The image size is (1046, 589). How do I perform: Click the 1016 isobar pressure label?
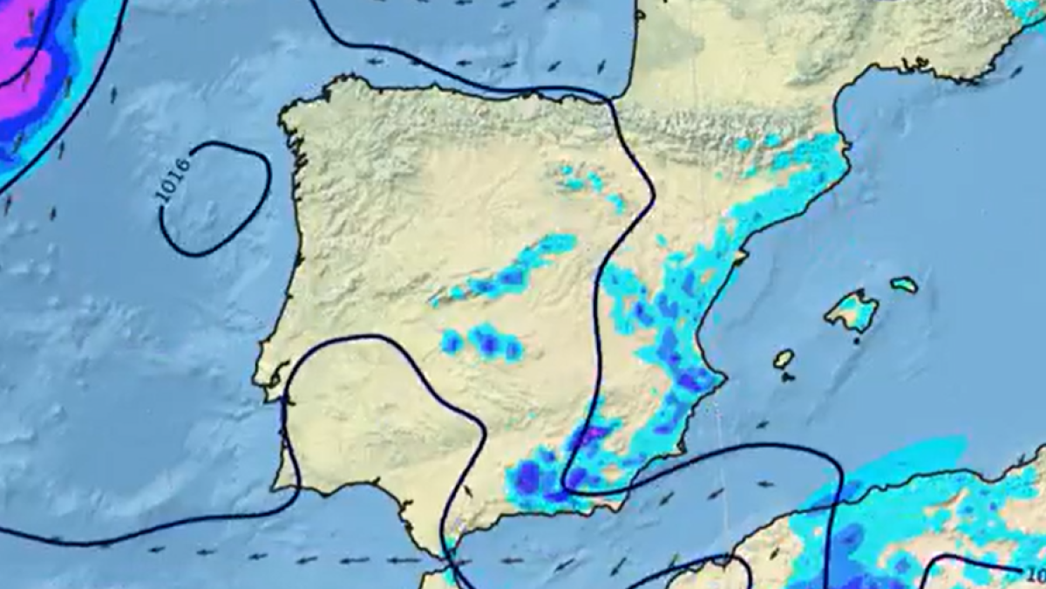click(173, 179)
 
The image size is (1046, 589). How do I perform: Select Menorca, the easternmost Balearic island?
click(905, 284)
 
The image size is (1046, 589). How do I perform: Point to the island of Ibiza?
click(784, 359)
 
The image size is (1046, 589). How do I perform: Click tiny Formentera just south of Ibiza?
click(788, 377)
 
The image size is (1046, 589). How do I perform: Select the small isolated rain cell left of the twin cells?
click(451, 341)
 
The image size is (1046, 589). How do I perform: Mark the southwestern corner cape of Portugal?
click(277, 485)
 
